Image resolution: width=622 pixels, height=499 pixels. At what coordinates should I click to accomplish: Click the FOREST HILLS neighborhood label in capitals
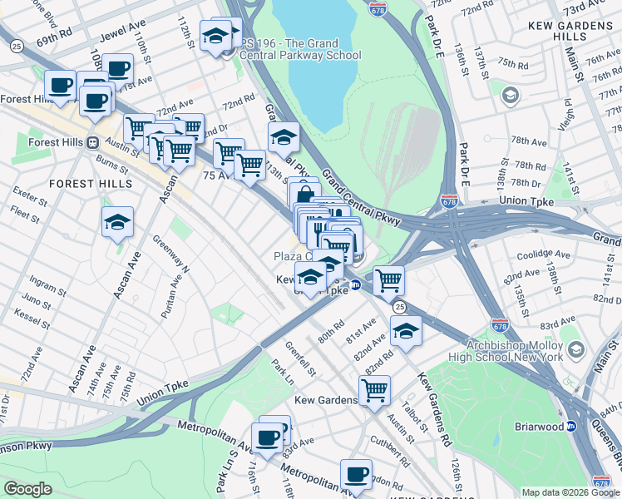pyautogui.click(x=90, y=183)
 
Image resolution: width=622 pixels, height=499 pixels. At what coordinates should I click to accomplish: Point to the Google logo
pyautogui.click(x=28, y=489)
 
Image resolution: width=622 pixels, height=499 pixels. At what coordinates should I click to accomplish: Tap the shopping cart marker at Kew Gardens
pyautogui.click(x=375, y=389)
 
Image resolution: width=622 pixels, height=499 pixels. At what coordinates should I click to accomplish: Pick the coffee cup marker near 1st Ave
pyautogui.click(x=118, y=69)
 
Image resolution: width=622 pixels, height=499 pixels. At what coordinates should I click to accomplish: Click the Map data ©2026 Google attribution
pyautogui.click(x=570, y=492)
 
